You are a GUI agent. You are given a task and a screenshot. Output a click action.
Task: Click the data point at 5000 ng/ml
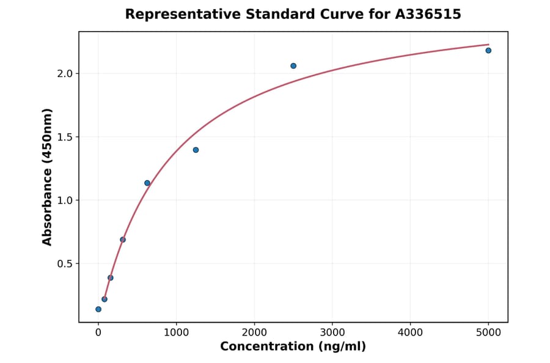(488, 50)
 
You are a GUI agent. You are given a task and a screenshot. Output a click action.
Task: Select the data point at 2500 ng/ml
(293, 66)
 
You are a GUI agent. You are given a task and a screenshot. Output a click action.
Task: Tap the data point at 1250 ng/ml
(196, 150)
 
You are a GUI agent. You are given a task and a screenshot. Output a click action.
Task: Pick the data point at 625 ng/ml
(147, 183)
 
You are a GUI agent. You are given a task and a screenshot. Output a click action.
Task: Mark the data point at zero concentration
(98, 309)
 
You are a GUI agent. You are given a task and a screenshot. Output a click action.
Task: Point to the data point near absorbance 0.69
(123, 240)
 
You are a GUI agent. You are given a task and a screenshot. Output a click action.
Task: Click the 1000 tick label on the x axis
(176, 332)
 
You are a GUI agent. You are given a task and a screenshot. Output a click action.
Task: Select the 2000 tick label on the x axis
(254, 332)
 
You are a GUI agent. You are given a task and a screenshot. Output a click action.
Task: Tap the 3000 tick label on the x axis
(332, 332)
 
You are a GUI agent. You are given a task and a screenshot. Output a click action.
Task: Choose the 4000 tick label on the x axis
(410, 332)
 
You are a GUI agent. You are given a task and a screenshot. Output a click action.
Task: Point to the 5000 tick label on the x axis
(488, 332)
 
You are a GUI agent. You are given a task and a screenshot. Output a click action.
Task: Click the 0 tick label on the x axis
(98, 332)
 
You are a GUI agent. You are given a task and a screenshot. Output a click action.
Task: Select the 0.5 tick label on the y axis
(64, 264)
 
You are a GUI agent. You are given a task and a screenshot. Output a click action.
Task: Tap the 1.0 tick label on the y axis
(64, 200)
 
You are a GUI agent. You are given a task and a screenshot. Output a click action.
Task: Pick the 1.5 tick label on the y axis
(64, 137)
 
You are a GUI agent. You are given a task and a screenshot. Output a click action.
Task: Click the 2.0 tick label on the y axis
(64, 73)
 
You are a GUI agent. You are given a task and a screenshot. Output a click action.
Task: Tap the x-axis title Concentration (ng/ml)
(293, 347)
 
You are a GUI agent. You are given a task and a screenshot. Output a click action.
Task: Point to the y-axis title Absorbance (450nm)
(47, 177)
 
